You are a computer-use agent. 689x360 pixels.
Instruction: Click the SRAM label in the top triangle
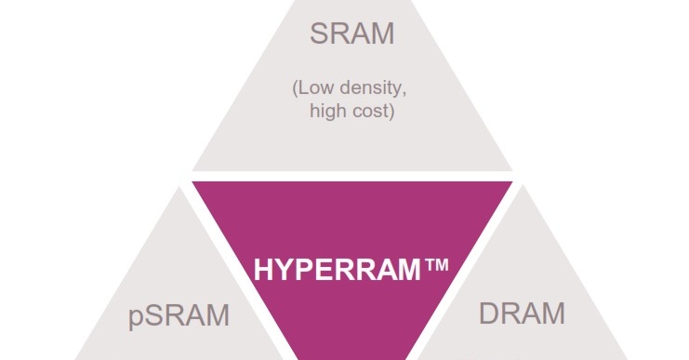[x=351, y=34]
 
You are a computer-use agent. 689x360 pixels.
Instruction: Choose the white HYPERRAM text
[x=338, y=273]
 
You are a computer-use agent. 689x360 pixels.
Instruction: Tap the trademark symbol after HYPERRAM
[x=436, y=268]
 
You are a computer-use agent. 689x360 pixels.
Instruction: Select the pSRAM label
[x=178, y=315]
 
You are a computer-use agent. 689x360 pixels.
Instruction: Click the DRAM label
[x=522, y=313]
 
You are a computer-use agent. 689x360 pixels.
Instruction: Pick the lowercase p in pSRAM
[x=136, y=318]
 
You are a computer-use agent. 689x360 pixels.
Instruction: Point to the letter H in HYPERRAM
[x=263, y=273]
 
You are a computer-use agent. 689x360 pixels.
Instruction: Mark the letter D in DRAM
[x=490, y=313]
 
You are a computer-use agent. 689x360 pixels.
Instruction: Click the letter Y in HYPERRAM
[x=283, y=273]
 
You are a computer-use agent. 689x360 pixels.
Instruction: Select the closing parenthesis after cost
[x=395, y=113]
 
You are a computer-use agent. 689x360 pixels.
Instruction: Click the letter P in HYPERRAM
[x=302, y=273]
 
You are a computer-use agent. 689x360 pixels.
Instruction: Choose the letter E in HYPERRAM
[x=322, y=273]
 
